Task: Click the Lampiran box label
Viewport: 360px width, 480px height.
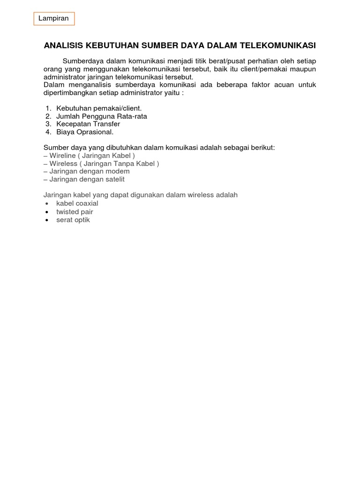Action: coord(54,19)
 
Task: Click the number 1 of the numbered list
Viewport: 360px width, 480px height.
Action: coord(48,108)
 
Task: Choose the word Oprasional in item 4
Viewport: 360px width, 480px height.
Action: coord(96,132)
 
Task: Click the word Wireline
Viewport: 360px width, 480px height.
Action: coord(63,156)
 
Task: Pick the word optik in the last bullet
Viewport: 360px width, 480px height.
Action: coord(82,220)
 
